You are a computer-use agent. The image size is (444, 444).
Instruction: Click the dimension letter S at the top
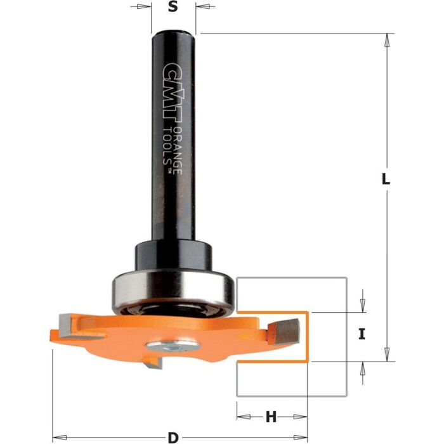(173, 8)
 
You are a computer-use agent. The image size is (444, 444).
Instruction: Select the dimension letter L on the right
(386, 179)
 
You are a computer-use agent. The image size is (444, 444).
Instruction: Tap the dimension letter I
(362, 334)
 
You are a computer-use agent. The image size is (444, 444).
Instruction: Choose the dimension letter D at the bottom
(173, 438)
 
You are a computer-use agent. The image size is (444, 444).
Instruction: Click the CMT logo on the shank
(170, 82)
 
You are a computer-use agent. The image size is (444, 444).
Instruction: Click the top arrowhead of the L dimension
(386, 38)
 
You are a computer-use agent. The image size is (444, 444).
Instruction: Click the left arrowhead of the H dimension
(242, 416)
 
